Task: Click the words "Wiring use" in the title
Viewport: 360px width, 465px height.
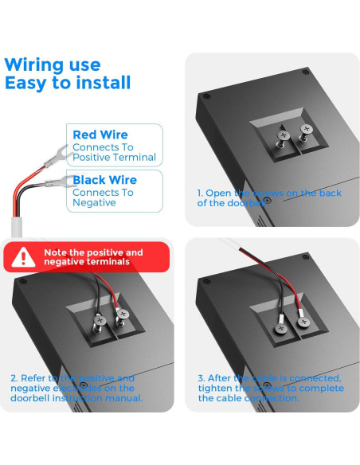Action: pyautogui.click(x=53, y=64)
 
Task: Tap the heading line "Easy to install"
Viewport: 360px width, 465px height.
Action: pyautogui.click(x=68, y=83)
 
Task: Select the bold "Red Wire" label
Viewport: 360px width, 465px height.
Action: pyautogui.click(x=100, y=135)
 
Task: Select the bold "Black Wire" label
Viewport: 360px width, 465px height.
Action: pyautogui.click(x=104, y=180)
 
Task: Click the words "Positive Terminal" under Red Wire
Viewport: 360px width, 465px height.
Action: pyautogui.click(x=114, y=158)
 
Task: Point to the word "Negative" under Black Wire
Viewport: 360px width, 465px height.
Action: pyautogui.click(x=94, y=203)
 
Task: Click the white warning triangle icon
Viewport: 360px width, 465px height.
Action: pyautogui.click(x=27, y=257)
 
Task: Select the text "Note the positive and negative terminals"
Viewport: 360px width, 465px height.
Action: pyautogui.click(x=93, y=257)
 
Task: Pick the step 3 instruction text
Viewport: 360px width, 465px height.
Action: pyautogui.click(x=271, y=388)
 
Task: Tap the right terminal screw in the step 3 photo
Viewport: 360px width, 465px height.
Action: pyautogui.click(x=302, y=322)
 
